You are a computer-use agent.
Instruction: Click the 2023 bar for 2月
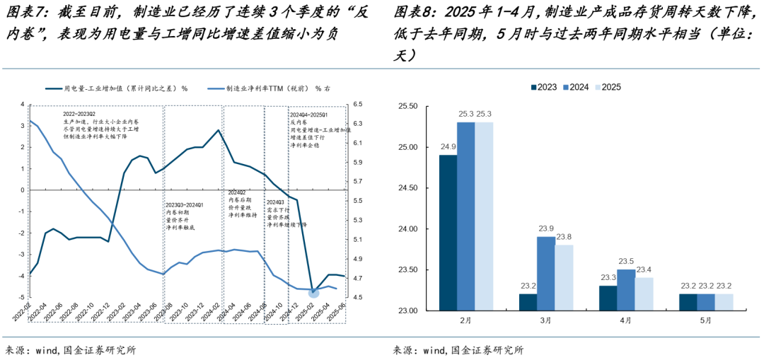(x=448, y=233)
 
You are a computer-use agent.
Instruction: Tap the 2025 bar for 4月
(x=644, y=294)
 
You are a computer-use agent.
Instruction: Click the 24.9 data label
(x=448, y=147)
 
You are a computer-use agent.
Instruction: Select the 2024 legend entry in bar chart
(x=576, y=87)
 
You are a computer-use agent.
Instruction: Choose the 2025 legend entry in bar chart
(x=608, y=87)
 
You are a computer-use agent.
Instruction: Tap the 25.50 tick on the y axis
(x=408, y=107)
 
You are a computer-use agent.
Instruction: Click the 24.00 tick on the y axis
(x=408, y=229)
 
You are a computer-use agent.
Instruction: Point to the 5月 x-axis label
(x=705, y=321)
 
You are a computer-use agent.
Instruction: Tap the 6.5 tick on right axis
(x=357, y=105)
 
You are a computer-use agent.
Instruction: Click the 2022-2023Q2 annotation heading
(x=79, y=113)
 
